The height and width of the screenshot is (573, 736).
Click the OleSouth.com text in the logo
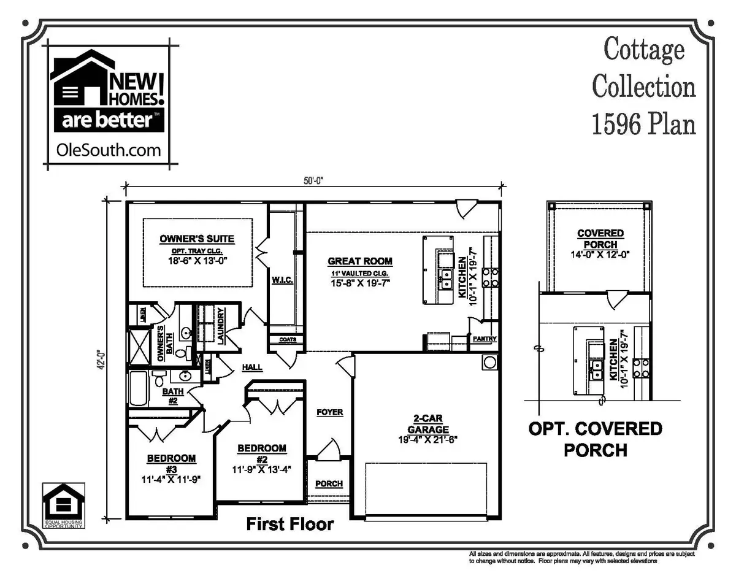tap(108, 149)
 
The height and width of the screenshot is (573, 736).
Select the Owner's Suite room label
tap(197, 239)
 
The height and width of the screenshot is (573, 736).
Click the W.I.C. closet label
tap(282, 280)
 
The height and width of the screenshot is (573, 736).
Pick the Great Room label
tap(359, 261)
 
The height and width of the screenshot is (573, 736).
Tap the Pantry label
tap(484, 339)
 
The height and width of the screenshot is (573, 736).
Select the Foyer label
tap(329, 412)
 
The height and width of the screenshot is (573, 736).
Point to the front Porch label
tap(329, 483)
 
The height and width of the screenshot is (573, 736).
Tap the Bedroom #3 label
tap(171, 463)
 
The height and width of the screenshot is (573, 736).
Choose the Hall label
tap(251, 367)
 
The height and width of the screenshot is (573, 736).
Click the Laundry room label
tap(220, 326)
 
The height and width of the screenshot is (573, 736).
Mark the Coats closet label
tap(288, 339)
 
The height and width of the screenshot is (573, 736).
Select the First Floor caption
tap(289, 524)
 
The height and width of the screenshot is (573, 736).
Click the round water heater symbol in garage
tap(489, 361)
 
